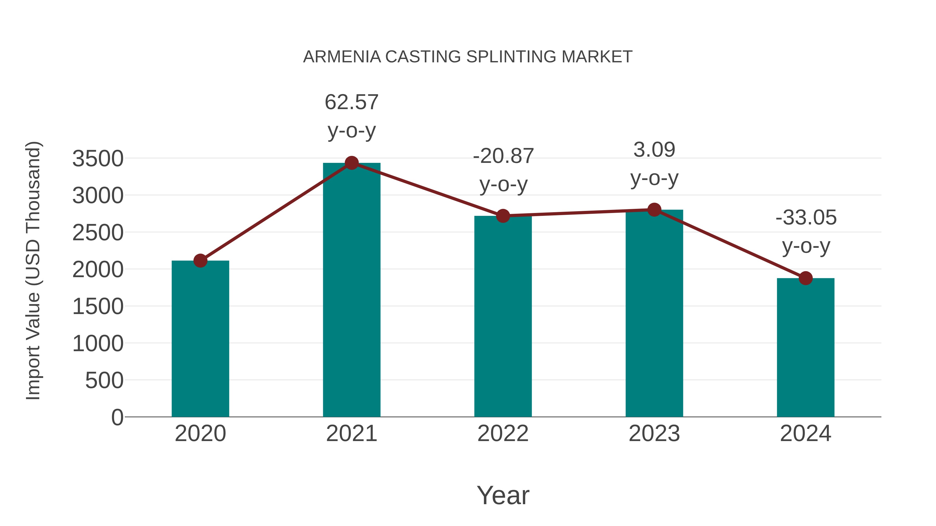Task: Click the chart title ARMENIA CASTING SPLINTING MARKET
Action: (x=468, y=57)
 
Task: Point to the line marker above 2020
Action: (x=200, y=260)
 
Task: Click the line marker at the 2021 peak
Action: (x=351, y=163)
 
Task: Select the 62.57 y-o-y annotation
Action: (x=351, y=116)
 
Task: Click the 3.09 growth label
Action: (x=654, y=164)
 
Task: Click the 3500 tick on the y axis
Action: (x=98, y=159)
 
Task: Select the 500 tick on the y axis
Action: (x=104, y=381)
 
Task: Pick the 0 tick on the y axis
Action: (x=117, y=417)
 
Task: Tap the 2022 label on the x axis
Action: (x=503, y=434)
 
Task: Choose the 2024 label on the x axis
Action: (x=805, y=434)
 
